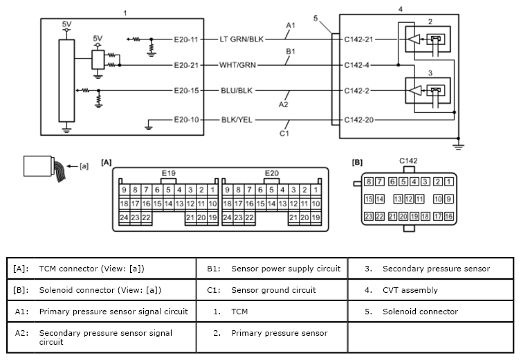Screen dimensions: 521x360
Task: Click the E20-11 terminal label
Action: coord(186,39)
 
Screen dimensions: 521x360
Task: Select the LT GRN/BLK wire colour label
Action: coord(241,39)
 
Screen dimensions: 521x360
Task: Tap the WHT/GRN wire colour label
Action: coord(237,65)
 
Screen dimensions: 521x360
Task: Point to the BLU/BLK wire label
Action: coord(237,91)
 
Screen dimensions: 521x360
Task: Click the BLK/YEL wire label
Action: coord(237,120)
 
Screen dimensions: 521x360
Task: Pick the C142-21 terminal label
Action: coord(359,39)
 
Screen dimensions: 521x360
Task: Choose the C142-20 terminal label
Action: coord(359,120)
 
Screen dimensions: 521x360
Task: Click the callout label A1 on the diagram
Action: coord(291,25)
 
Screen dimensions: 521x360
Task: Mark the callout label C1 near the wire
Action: coord(284,134)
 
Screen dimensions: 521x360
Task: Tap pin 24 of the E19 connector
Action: coord(124,217)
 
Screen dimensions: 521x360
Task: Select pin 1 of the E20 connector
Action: coord(316,190)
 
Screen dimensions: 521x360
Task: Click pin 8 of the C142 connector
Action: coord(369,181)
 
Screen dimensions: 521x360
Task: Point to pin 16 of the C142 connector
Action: coord(449,217)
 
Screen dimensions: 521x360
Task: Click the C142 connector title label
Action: coord(408,161)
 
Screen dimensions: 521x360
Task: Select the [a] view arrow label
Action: coord(84,166)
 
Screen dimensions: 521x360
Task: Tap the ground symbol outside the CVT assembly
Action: coord(458,145)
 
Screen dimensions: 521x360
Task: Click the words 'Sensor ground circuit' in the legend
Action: coord(273,290)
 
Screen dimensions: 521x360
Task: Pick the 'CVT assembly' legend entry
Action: coord(410,290)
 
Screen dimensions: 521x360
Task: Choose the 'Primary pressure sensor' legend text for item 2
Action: coord(280,333)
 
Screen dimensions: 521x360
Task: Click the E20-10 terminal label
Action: coord(186,120)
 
